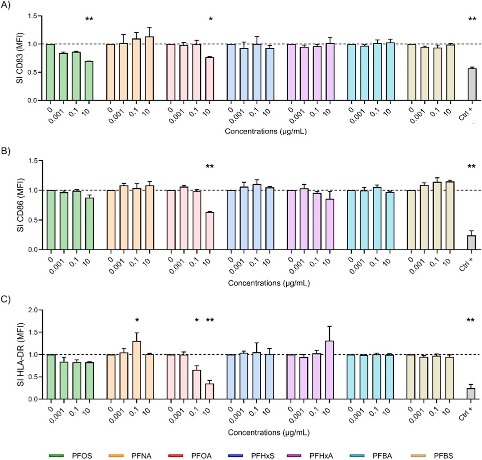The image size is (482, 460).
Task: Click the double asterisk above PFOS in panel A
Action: [89, 19]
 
